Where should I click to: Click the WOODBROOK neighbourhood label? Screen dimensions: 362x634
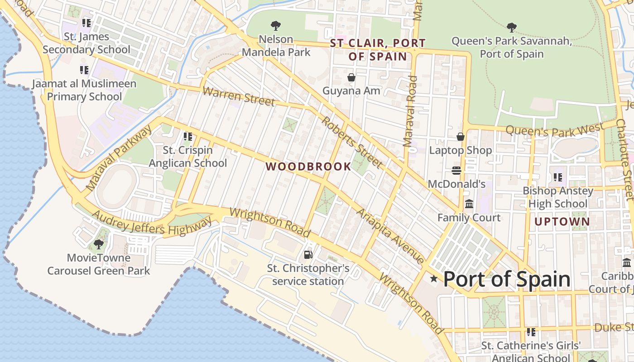pyautogui.click(x=308, y=167)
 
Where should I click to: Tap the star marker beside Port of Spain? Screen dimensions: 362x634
pyautogui.click(x=434, y=279)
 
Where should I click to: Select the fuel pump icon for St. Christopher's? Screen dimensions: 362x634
pyautogui.click(x=308, y=255)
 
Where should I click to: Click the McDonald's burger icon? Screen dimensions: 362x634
pyautogui.click(x=456, y=171)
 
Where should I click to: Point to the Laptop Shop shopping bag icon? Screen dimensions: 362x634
pyautogui.click(x=461, y=136)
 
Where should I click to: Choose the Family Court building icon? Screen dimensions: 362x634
pyautogui.click(x=469, y=204)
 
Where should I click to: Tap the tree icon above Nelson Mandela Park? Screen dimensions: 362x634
pyautogui.click(x=275, y=26)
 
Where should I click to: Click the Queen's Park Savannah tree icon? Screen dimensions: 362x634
pyautogui.click(x=512, y=28)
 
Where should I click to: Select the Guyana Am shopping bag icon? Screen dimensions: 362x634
pyautogui.click(x=351, y=77)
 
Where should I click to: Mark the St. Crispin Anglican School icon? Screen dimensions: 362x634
pyautogui.click(x=188, y=136)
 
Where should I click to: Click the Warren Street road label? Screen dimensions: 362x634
pyautogui.click(x=239, y=96)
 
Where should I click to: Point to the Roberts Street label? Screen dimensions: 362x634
pyautogui.click(x=352, y=142)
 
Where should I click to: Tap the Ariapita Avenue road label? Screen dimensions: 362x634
pyautogui.click(x=390, y=236)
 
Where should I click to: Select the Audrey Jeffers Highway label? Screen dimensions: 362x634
pyautogui.click(x=152, y=223)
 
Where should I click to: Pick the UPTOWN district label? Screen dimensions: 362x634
pyautogui.click(x=562, y=222)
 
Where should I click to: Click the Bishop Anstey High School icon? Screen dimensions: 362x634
pyautogui.click(x=558, y=177)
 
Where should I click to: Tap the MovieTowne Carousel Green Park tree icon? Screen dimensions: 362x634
pyautogui.click(x=98, y=244)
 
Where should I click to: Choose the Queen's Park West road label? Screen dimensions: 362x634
pyautogui.click(x=555, y=130)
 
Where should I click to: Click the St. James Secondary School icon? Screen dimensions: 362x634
pyautogui.click(x=86, y=23)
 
